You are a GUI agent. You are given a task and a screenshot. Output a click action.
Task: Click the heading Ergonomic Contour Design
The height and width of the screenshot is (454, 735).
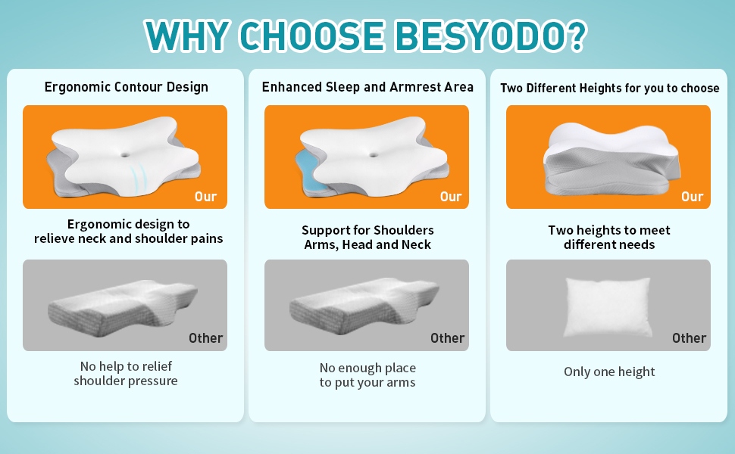pos(126,87)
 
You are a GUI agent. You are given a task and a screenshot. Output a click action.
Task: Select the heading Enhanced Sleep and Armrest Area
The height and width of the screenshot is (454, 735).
pos(367,87)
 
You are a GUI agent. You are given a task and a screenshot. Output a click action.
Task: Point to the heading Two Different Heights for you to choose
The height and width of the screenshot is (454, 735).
pos(609,88)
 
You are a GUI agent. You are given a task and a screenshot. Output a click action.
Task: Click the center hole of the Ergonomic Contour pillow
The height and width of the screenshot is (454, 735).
pos(125,154)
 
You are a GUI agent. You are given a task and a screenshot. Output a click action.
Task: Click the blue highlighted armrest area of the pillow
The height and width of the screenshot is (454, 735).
pos(308,167)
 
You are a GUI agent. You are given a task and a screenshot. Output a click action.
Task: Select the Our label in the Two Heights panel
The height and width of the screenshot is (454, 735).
pos(693,197)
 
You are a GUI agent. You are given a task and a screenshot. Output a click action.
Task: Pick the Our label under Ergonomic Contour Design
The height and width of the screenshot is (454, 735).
pos(206,197)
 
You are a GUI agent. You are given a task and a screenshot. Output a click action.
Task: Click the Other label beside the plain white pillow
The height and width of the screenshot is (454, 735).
pos(689,338)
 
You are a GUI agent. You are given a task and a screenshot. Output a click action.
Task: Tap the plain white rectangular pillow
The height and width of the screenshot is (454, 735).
pos(608,307)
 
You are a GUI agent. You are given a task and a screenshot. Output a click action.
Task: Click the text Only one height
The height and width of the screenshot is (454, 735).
pos(609,372)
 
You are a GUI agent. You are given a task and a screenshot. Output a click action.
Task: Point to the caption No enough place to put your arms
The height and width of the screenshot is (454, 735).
pos(367,375)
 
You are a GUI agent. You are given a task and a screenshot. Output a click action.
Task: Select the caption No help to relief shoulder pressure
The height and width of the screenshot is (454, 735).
pos(126,373)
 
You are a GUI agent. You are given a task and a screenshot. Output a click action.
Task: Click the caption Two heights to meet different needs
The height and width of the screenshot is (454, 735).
pos(609,238)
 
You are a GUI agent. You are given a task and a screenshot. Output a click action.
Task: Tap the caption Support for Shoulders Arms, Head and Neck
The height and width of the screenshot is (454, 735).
pos(367,238)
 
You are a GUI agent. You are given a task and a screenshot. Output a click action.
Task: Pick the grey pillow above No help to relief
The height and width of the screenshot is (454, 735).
pos(123,307)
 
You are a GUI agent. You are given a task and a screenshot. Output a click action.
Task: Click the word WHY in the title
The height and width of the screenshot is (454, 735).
pos(187,36)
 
